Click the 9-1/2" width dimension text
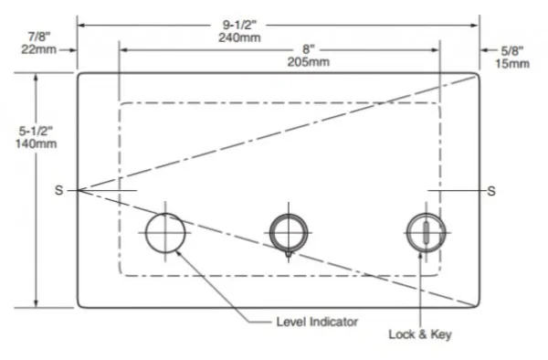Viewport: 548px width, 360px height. pos(239,25)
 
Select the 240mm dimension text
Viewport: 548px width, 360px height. pos(239,37)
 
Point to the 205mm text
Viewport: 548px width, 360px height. pos(309,62)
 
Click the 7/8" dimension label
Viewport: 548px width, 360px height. pos(39,37)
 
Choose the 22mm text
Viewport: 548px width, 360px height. pos(38,49)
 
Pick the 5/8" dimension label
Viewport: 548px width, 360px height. pos(512,51)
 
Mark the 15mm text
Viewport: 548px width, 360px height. pos(512,64)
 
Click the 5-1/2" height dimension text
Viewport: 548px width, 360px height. pos(36,131)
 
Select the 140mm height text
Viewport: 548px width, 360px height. pos(36,143)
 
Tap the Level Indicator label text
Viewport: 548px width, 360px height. pos(317,322)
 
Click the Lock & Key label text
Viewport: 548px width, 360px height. pos(420,334)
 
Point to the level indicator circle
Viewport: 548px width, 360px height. pos(145,233)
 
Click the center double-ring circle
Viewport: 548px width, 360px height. pos(269,233)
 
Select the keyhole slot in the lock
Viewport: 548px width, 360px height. pos(426,232)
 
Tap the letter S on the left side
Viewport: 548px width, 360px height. pos(58,190)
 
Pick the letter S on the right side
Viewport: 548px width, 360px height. pos(491,191)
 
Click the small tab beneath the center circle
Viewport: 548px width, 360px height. pos(289,254)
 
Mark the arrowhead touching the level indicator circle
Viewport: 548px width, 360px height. pos(178,253)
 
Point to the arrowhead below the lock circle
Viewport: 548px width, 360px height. pos(421,257)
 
